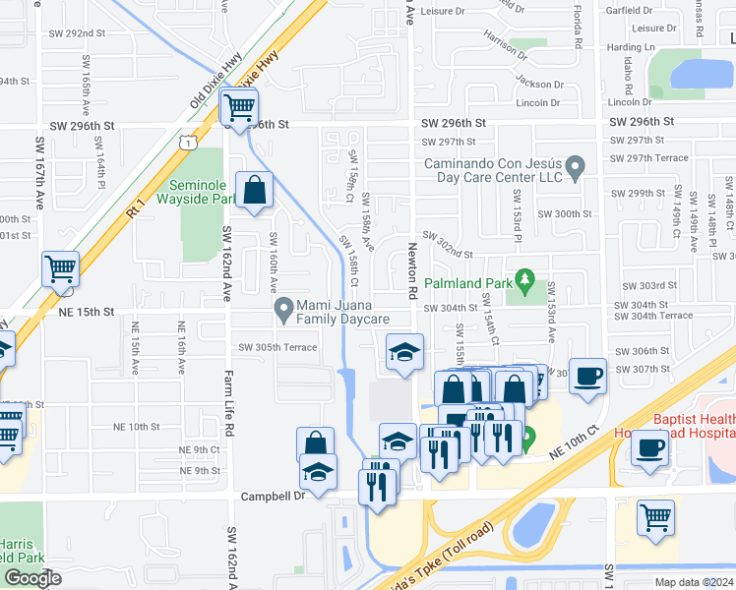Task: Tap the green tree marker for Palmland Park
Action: [525, 285]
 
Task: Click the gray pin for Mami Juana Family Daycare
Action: [284, 312]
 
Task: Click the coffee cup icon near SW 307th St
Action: [587, 377]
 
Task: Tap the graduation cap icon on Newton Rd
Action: [401, 354]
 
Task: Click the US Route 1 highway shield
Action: [186, 143]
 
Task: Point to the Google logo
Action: [32, 578]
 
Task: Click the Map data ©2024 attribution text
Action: [694, 582]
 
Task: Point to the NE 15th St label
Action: [87, 311]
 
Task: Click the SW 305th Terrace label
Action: [277, 348]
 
